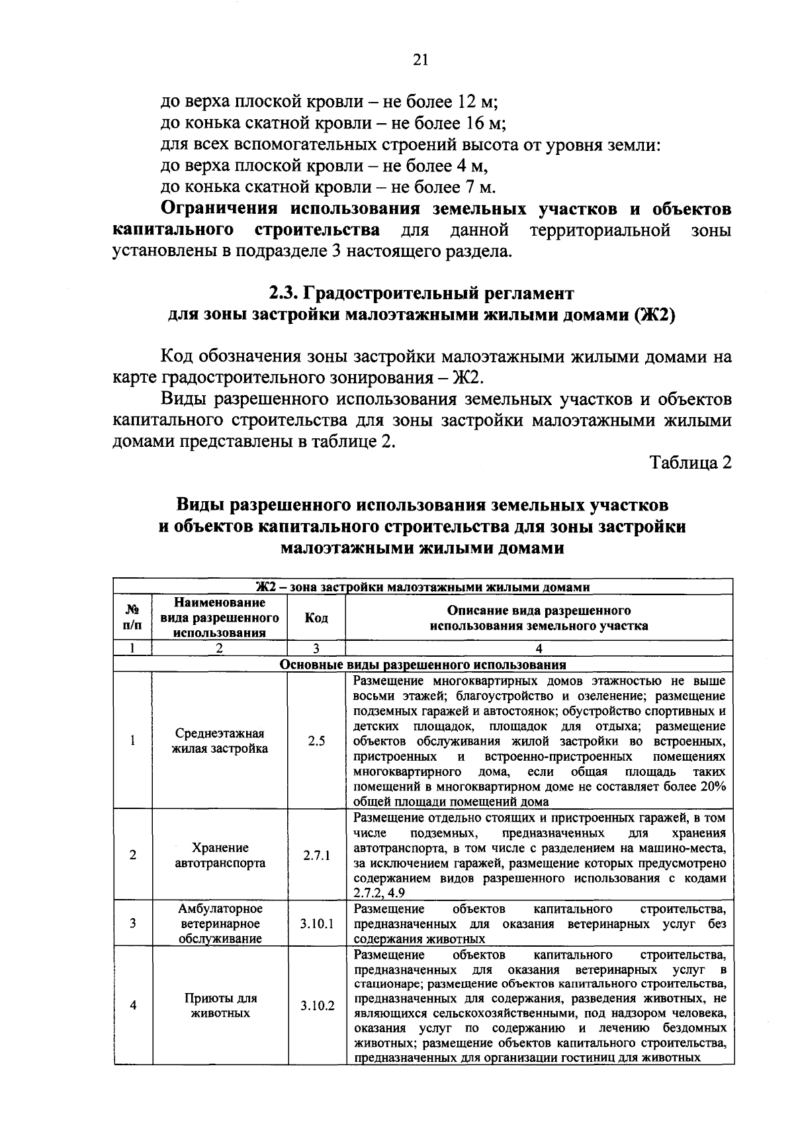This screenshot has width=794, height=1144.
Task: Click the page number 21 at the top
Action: [421, 60]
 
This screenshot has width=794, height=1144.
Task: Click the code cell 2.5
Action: [316, 741]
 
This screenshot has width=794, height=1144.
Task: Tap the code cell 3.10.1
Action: [316, 924]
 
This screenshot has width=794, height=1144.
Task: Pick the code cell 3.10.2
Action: [316, 1006]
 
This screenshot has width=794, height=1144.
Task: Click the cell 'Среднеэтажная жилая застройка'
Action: [220, 741]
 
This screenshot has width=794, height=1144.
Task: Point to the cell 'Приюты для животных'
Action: [220, 1006]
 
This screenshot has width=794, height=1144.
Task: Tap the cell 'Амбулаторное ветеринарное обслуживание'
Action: [220, 924]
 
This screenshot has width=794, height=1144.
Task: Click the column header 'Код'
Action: [316, 617]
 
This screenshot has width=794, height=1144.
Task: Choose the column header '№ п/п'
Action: [133, 617]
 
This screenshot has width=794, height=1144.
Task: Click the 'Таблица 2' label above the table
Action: [691, 463]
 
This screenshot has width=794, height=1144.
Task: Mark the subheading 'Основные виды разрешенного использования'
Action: [423, 665]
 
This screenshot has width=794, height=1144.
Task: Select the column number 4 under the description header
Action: [539, 649]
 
